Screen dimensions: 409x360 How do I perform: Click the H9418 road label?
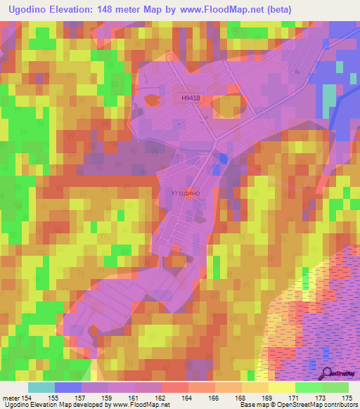pyautogui.click(x=190, y=99)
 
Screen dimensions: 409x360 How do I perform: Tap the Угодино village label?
pyautogui.click(x=186, y=191)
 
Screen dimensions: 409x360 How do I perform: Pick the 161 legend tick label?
pyautogui.click(x=136, y=398)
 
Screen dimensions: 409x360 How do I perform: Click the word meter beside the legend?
pyautogui.click(x=11, y=398)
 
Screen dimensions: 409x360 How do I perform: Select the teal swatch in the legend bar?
pyautogui.click(x=41, y=387)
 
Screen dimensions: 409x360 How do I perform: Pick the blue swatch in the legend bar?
pyautogui.click(x=67, y=387)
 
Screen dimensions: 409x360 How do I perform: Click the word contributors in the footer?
pyautogui.click(x=334, y=405)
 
